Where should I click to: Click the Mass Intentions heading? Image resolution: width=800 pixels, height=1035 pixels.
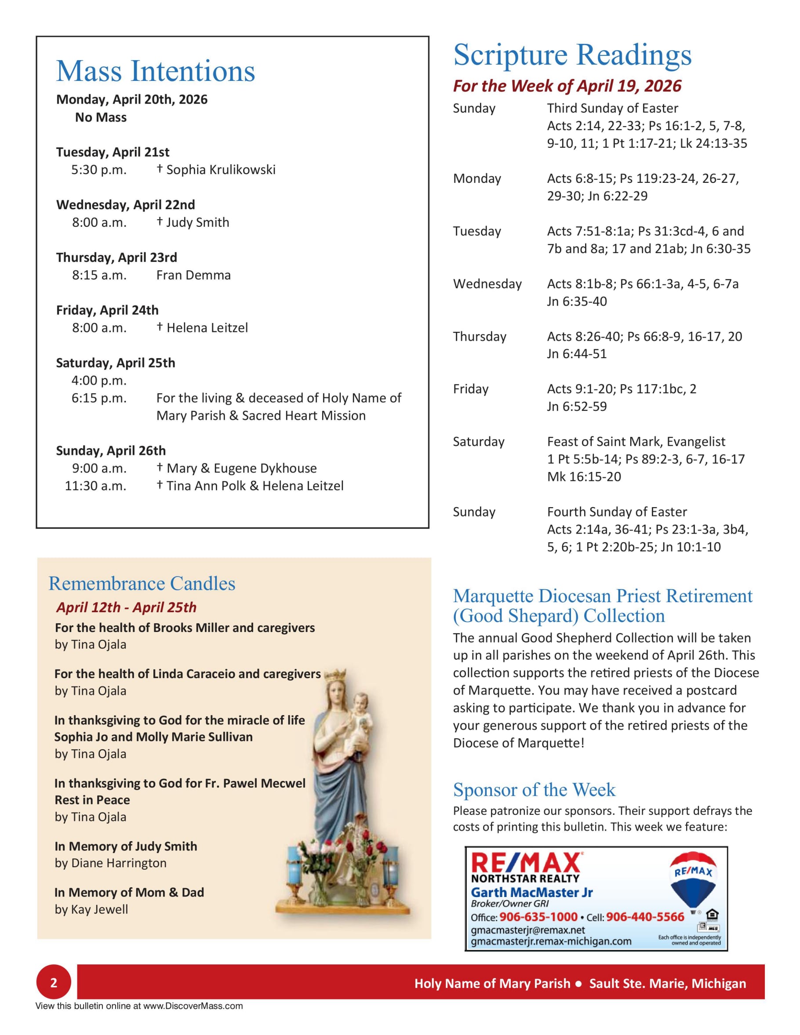pyautogui.click(x=156, y=71)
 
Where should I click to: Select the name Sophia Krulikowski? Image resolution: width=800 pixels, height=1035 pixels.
pyautogui.click(x=220, y=170)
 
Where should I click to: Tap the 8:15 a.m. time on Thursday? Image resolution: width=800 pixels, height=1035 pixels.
pyautogui.click(x=99, y=275)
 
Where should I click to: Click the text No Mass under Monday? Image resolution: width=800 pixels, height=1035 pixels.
pyautogui.click(x=101, y=117)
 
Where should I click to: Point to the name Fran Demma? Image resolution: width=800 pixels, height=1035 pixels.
pyautogui.click(x=193, y=275)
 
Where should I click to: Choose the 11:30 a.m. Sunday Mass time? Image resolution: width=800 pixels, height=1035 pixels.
pyautogui.click(x=95, y=485)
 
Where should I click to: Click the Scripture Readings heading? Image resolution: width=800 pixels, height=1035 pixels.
pyautogui.click(x=572, y=55)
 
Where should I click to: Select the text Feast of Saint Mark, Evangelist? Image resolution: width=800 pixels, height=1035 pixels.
pyautogui.click(x=636, y=441)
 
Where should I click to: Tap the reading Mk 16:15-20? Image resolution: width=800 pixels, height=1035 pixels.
pyautogui.click(x=583, y=476)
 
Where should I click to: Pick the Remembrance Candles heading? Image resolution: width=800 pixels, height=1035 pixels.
pyautogui.click(x=142, y=583)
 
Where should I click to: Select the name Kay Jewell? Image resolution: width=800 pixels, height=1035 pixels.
pyautogui.click(x=99, y=909)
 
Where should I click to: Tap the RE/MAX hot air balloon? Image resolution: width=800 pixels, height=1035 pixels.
pyautogui.click(x=693, y=882)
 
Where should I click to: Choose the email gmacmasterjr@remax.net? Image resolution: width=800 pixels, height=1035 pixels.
pyautogui.click(x=527, y=930)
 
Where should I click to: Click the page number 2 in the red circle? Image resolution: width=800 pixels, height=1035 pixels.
pyautogui.click(x=54, y=982)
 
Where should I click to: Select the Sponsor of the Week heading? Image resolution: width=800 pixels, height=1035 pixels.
pyautogui.click(x=534, y=789)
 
